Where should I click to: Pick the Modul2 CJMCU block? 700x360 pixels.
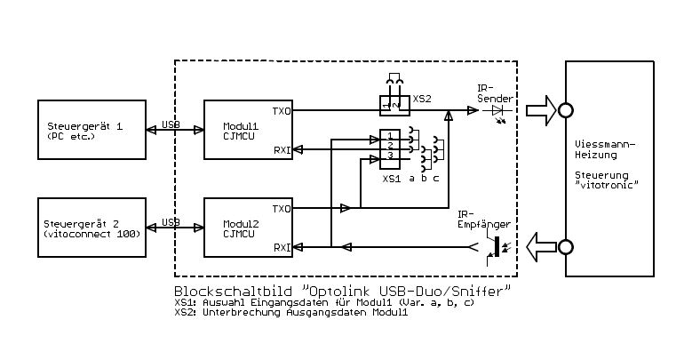(249, 228)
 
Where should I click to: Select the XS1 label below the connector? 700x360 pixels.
(391, 179)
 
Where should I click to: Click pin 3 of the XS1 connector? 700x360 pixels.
(389, 156)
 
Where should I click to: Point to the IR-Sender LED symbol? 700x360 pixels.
(497, 110)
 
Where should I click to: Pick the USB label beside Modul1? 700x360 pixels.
(171, 124)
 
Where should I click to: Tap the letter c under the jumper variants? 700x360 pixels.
(436, 179)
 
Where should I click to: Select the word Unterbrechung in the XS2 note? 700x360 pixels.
(235, 313)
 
